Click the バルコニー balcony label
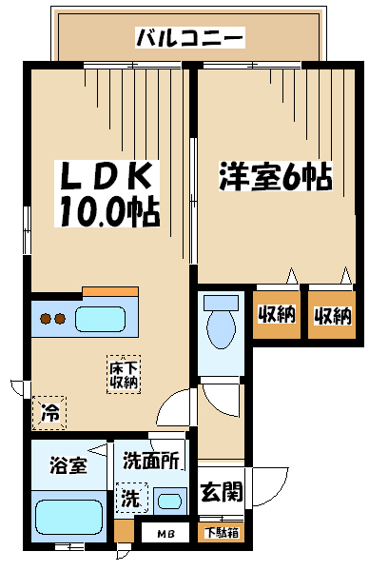189,37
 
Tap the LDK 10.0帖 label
107,194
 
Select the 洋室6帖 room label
276,176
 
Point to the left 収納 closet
277,314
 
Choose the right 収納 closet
332,315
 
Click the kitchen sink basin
100,319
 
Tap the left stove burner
47,319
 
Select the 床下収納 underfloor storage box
124,374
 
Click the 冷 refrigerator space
49,413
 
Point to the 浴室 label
68,465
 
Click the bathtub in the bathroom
68,518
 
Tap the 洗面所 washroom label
151,461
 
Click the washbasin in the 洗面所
170,502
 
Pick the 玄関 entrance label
222,491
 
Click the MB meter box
165,534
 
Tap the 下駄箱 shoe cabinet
222,533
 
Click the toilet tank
221,303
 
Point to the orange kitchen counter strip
110,291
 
